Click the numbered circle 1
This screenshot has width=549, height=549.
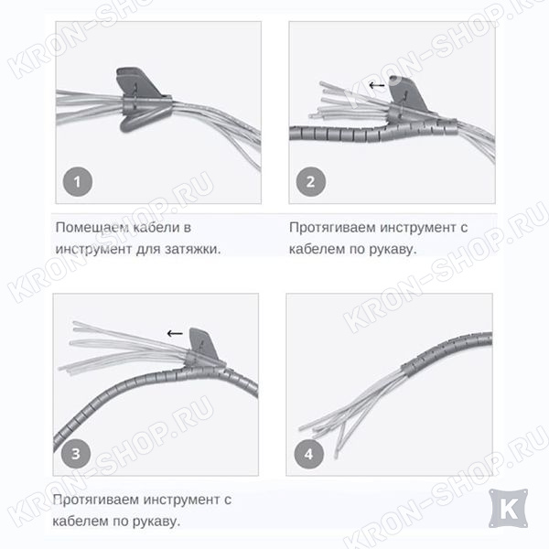click(x=78, y=182)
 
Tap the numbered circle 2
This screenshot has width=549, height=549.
click(x=310, y=182)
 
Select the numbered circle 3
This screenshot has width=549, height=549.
click(x=76, y=454)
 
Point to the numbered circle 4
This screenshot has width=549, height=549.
click(x=309, y=454)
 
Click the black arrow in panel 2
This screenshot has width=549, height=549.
click(x=377, y=85)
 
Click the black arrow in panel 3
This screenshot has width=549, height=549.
click(x=175, y=333)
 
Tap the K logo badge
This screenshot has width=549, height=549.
click(x=508, y=509)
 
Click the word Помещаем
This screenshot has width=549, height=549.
click(x=92, y=228)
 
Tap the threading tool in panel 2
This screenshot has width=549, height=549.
click(x=409, y=98)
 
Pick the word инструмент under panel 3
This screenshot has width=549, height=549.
click(x=180, y=500)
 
